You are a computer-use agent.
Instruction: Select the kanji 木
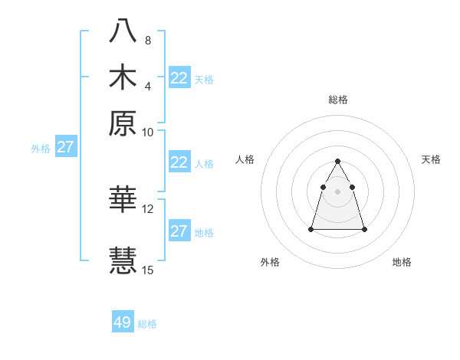coord(123,78)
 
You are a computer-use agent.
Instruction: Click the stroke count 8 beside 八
coord(148,40)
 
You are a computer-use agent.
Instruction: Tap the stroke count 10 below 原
coord(148,132)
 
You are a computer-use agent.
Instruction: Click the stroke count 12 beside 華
coord(148,208)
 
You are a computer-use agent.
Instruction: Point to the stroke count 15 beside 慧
coord(148,270)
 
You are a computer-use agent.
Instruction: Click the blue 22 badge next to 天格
coord(179,78)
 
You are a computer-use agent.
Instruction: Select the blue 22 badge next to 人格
coord(179,163)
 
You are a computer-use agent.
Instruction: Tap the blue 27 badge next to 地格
coord(179,231)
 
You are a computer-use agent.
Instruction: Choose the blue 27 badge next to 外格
coord(66,147)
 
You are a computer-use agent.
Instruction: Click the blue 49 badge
coord(123,322)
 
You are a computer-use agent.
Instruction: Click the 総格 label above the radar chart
coord(338,100)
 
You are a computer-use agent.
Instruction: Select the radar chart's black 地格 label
coord(402,262)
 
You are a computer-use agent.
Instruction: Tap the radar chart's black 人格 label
coord(245,159)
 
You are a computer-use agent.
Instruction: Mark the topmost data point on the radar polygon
coord(338,161)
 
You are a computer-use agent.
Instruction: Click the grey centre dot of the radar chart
coord(338,191)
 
